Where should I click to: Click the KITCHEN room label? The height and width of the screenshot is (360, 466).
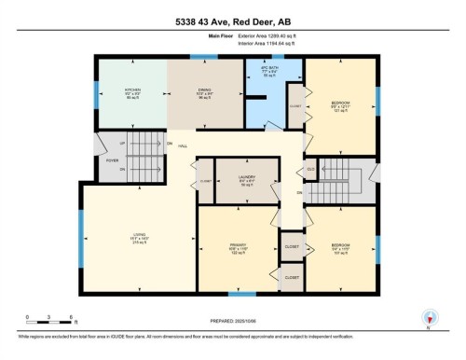coord(133,92)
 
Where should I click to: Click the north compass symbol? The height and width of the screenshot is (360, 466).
coord(430,318)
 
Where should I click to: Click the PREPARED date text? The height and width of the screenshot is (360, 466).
coord(232,321)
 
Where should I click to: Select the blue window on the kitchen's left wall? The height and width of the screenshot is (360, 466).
coord(96,93)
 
